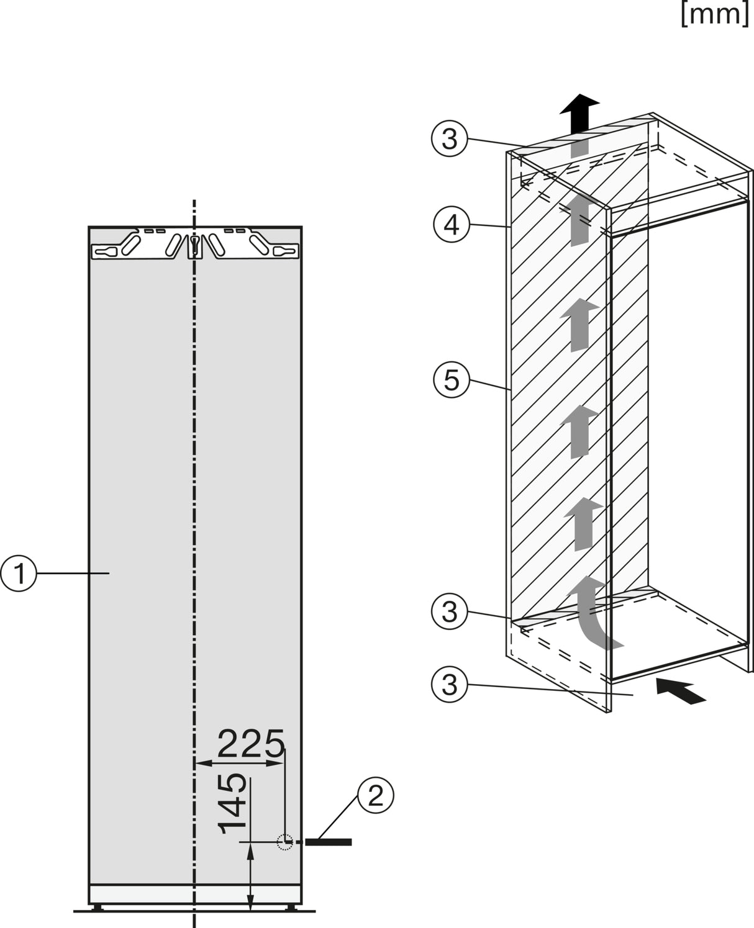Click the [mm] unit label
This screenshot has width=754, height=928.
[x=714, y=14]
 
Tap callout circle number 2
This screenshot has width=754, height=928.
[x=376, y=795]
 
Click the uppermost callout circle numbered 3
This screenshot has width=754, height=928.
[x=449, y=139]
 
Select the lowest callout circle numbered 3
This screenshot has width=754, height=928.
[x=449, y=685]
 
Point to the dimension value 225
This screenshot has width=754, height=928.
[x=251, y=744]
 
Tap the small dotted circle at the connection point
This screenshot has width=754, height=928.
[x=284, y=842]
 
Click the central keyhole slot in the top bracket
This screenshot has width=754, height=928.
[x=195, y=245]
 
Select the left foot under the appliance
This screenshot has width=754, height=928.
[x=98, y=907]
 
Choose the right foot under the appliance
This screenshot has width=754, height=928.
[x=293, y=907]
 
